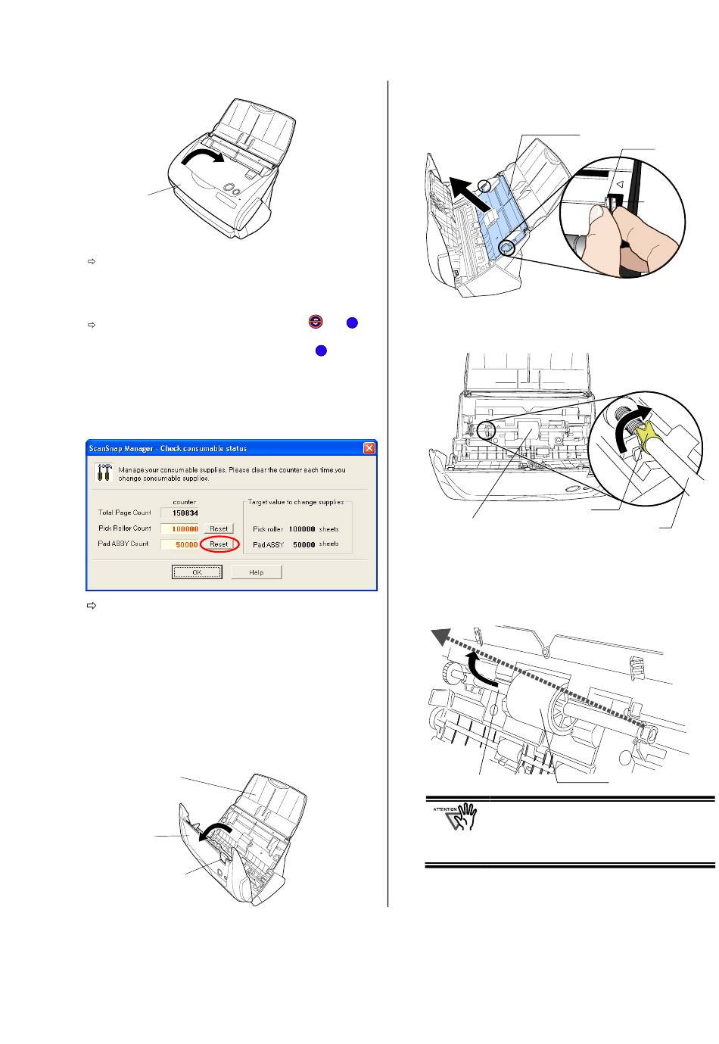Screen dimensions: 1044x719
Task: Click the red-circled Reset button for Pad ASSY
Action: (x=219, y=544)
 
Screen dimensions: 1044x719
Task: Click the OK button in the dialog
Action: (x=197, y=572)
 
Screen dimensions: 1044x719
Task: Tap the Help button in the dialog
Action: (x=257, y=572)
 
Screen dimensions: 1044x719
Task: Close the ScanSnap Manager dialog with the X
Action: (x=369, y=448)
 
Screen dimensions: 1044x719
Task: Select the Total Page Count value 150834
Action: (x=185, y=513)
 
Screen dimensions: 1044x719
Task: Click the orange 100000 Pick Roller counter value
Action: (x=185, y=529)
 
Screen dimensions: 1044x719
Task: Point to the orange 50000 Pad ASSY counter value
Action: (x=186, y=544)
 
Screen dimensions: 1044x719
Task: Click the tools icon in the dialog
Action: (x=102, y=472)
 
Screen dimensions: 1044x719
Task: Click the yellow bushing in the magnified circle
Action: (x=647, y=436)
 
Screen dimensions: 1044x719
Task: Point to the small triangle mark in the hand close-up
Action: (x=618, y=183)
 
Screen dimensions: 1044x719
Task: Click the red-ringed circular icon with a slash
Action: (x=316, y=322)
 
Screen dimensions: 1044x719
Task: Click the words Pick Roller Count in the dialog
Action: (x=125, y=528)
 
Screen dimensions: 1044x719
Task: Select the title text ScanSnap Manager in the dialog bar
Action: (x=114, y=448)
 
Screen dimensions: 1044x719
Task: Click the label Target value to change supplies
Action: (x=296, y=502)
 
